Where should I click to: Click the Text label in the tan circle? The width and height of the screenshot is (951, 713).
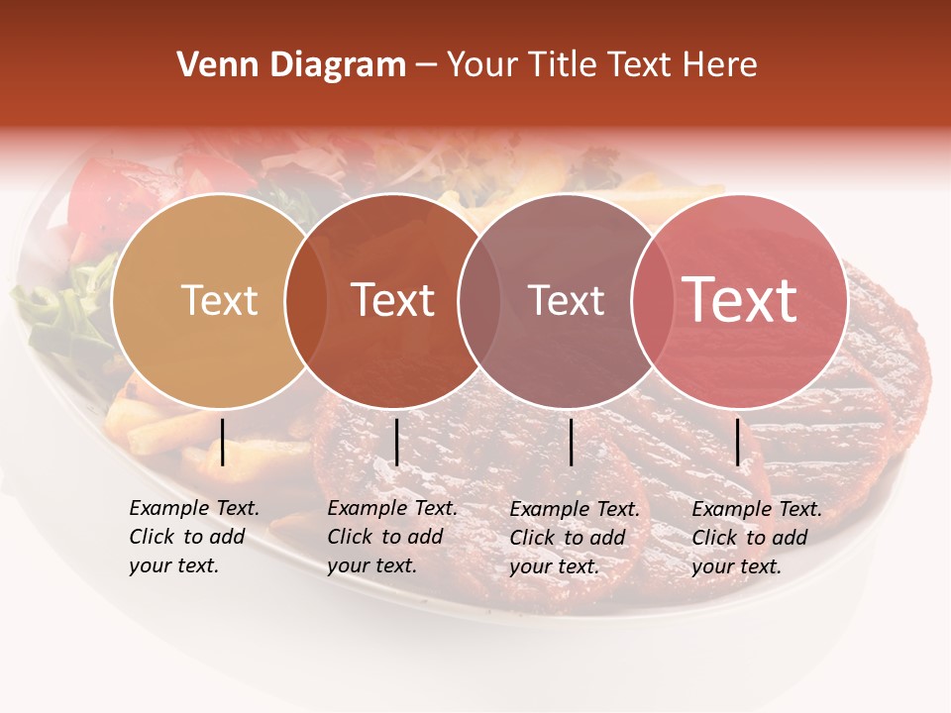(x=219, y=300)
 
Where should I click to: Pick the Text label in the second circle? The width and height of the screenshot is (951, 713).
(x=392, y=300)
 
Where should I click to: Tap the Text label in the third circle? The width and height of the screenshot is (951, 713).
(x=566, y=300)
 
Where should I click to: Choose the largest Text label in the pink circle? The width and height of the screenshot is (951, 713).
(x=739, y=299)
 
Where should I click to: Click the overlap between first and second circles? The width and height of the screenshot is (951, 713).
(x=306, y=301)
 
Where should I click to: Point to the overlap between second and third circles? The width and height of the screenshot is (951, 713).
(x=479, y=301)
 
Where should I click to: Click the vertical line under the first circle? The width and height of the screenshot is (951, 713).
(x=223, y=442)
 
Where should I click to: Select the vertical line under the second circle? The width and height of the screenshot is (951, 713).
(x=396, y=442)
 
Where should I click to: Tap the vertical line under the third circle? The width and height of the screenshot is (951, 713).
(x=571, y=442)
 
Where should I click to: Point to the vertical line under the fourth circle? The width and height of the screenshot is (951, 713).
(x=738, y=442)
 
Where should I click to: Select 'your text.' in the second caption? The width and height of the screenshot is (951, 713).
(x=372, y=565)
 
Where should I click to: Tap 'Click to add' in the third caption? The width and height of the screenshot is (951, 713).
(x=568, y=538)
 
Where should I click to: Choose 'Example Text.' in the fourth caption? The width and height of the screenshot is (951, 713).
(x=757, y=509)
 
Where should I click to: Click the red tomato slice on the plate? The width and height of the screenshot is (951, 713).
(x=104, y=193)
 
